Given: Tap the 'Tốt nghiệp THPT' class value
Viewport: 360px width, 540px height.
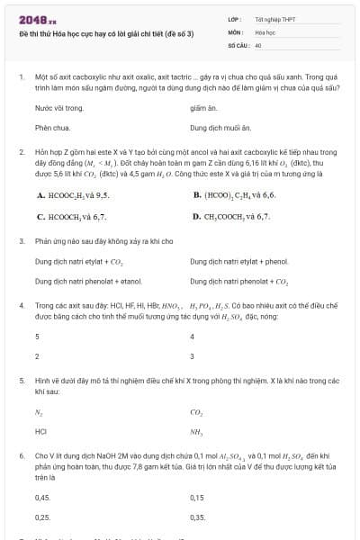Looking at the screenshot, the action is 274,18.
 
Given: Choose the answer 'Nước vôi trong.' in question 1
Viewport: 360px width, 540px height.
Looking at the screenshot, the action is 58,108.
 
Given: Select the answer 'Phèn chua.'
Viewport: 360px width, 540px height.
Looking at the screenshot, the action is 52,128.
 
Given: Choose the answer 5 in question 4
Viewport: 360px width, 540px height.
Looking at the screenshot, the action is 37,337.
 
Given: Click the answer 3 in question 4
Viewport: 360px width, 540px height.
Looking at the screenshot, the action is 37,356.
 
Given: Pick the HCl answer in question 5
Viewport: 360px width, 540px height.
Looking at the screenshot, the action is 40,432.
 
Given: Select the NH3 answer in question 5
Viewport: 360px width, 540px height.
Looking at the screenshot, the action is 197,432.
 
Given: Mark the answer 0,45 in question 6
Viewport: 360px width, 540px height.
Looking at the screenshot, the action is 42,497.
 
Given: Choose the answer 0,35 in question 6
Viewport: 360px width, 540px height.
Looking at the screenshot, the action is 198,517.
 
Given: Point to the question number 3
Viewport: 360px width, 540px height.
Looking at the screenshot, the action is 22,241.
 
